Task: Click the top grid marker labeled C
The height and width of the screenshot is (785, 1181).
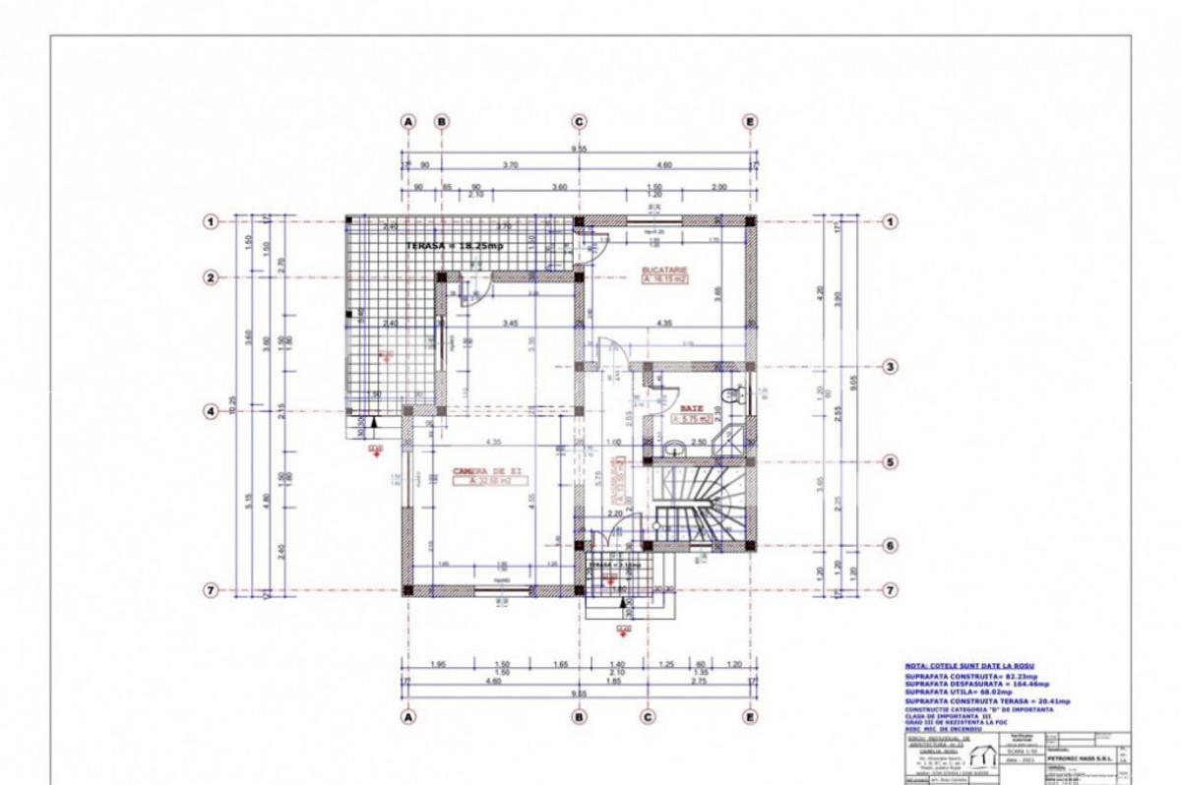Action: point(579,122)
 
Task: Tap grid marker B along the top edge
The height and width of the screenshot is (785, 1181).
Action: point(442,122)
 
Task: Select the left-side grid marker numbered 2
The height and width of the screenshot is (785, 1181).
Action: point(210,277)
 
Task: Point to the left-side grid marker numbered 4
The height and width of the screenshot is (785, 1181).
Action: point(210,411)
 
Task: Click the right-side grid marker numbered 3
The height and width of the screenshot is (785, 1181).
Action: point(891,367)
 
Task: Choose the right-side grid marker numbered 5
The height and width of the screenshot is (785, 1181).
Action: point(891,461)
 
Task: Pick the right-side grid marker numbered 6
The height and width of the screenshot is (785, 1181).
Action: point(891,545)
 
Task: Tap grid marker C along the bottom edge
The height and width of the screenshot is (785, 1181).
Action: point(648,717)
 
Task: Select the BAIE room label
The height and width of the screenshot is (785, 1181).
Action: point(691,405)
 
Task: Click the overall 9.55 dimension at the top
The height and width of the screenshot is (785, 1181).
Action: point(580,149)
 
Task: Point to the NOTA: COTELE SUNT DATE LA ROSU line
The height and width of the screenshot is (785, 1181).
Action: point(969,666)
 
